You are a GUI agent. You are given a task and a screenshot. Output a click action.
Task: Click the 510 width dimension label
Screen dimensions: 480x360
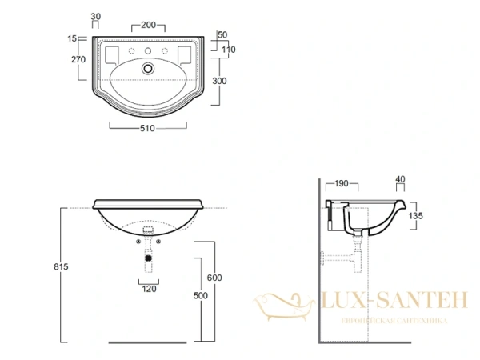147,128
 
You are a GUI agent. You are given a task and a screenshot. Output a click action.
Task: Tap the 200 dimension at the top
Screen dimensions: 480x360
149,25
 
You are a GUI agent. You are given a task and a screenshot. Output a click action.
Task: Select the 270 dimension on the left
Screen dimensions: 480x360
78,59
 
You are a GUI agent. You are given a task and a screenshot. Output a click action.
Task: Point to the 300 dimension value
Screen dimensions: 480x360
219,81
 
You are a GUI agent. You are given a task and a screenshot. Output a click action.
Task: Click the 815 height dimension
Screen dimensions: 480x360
61,266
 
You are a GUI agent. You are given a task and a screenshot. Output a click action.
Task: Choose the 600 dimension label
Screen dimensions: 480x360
214,278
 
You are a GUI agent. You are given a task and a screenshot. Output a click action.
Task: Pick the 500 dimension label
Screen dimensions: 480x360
201,295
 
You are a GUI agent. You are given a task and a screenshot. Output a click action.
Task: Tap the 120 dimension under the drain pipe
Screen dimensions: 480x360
149,289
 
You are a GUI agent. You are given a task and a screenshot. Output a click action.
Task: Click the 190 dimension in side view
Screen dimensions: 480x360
342,183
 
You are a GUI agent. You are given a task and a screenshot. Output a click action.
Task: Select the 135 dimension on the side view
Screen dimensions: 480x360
415,216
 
